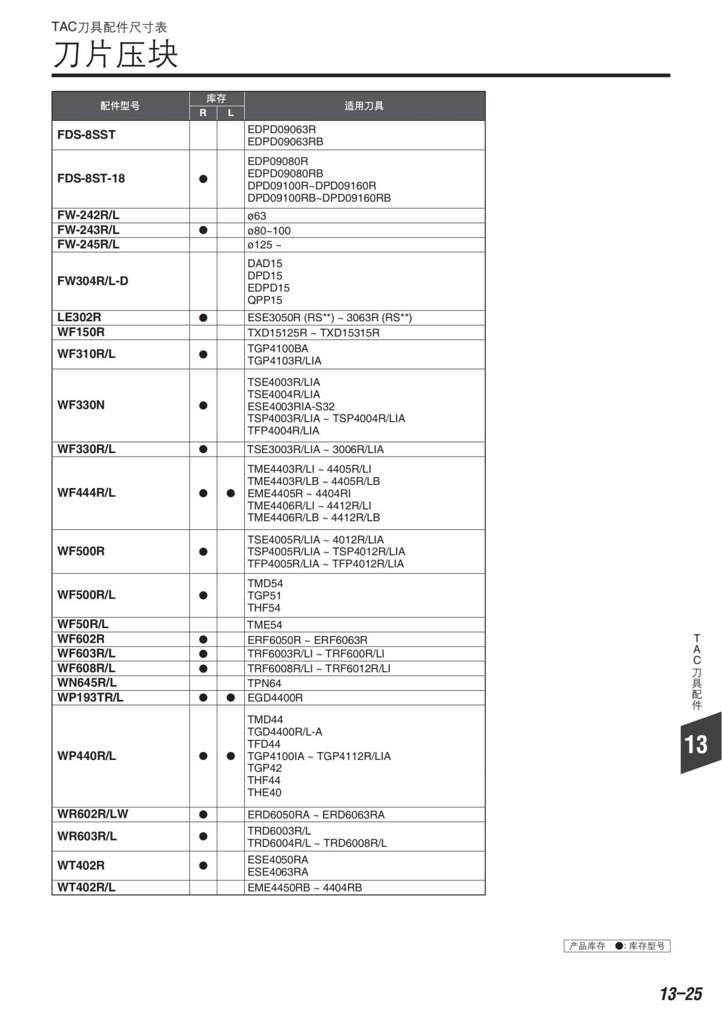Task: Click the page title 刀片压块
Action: click(115, 55)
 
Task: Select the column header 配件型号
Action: click(120, 106)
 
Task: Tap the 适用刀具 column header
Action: click(364, 106)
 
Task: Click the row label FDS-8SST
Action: click(86, 135)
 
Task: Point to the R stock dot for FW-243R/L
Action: click(203, 230)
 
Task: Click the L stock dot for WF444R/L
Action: click(230, 493)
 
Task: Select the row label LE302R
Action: click(79, 317)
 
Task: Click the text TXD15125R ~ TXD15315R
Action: click(313, 333)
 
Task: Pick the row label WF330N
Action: click(81, 405)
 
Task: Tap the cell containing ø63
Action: click(257, 215)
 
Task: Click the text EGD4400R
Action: click(275, 698)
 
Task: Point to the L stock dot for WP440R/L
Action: click(230, 756)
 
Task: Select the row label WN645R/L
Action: click(87, 682)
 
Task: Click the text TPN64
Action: click(264, 683)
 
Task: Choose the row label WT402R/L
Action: click(86, 887)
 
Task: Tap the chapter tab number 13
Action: click(696, 745)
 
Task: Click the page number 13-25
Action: click(680, 994)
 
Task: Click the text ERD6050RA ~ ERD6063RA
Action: click(316, 815)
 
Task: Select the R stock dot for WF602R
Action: click(203, 640)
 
